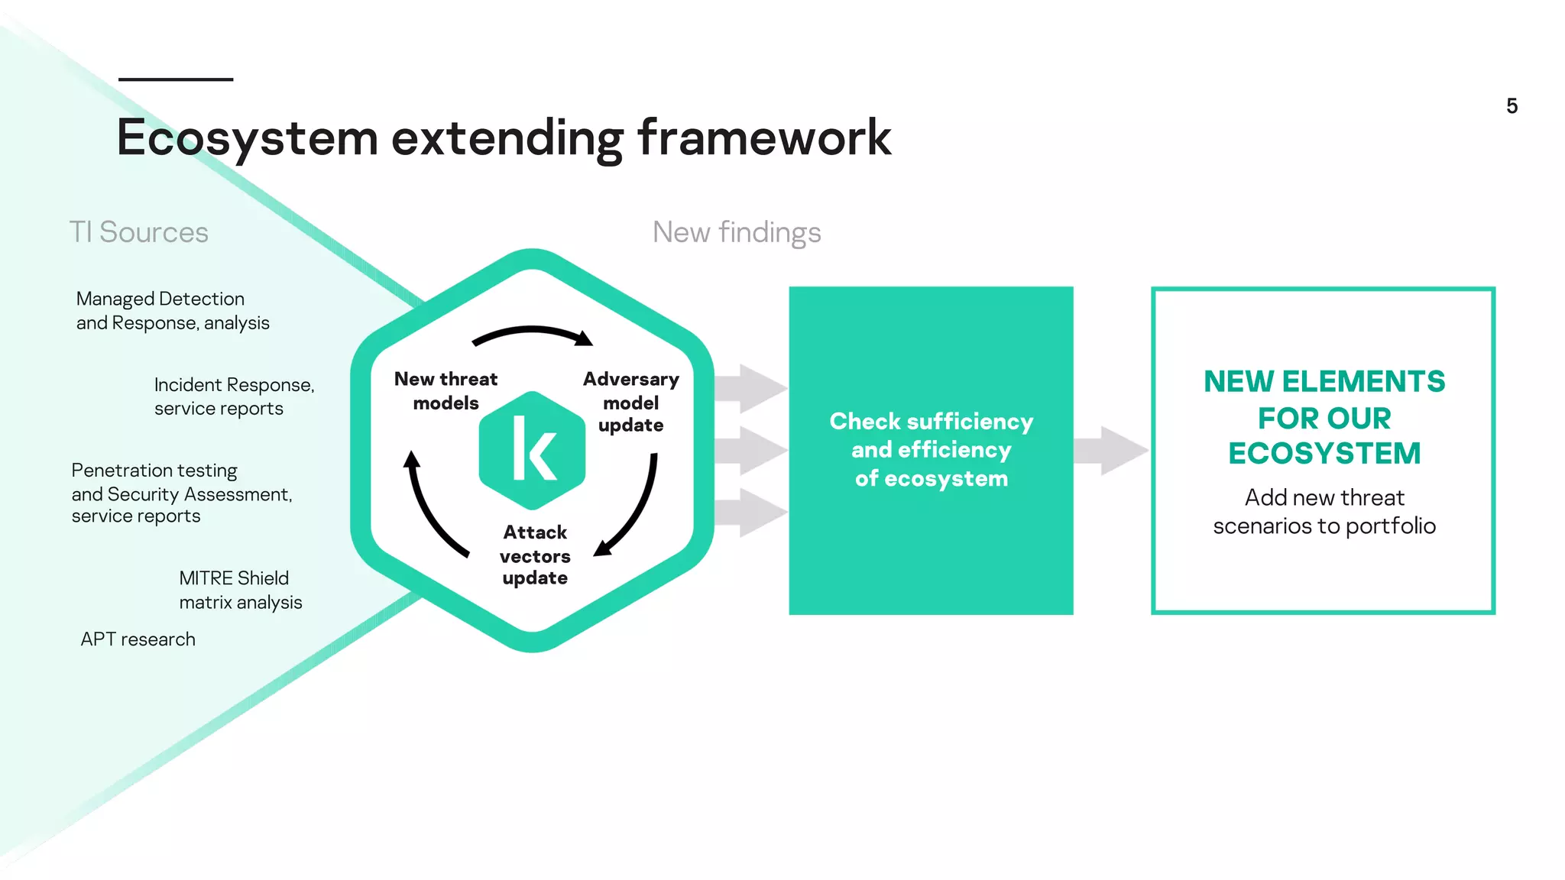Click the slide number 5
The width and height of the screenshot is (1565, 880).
(1512, 106)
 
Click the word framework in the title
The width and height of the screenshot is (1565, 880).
(763, 138)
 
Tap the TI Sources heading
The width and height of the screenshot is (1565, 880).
(138, 232)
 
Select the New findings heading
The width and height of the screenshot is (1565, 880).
(737, 232)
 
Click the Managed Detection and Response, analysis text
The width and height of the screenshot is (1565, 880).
(173, 311)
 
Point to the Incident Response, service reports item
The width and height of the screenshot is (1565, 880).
(234, 396)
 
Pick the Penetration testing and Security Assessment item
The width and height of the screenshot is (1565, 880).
(182, 493)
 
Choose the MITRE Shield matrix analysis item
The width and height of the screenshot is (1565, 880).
(240, 590)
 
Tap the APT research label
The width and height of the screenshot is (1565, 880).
(138, 639)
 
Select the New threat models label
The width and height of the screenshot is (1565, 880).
(446, 390)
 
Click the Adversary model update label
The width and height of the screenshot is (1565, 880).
(630, 402)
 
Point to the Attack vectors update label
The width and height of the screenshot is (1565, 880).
(535, 555)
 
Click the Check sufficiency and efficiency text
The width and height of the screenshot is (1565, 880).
(931, 450)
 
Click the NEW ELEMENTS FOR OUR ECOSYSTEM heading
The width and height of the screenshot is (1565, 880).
(1324, 417)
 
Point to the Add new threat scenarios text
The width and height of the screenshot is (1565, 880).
(1324, 512)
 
